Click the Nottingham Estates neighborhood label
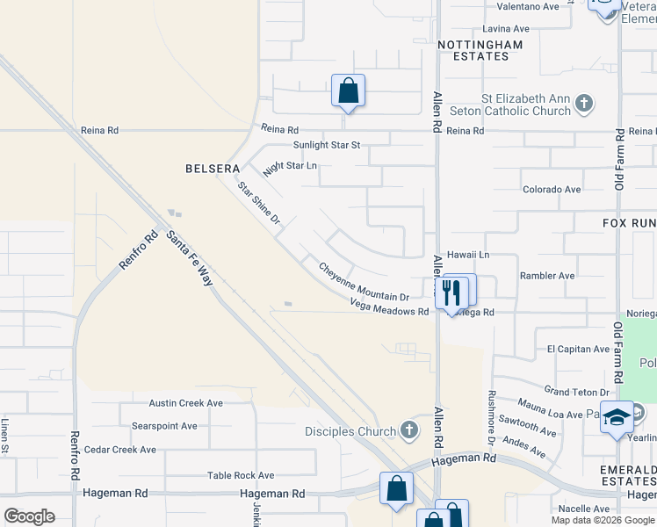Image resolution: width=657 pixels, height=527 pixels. (x=479, y=50)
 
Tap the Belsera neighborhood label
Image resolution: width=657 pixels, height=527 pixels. (x=209, y=167)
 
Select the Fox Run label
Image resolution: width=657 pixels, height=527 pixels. (x=629, y=223)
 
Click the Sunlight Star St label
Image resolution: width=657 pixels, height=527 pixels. (x=327, y=145)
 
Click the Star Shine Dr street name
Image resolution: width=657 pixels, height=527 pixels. (x=257, y=203)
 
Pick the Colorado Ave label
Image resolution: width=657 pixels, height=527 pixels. (x=552, y=189)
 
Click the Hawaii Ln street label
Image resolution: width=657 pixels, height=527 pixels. (x=467, y=254)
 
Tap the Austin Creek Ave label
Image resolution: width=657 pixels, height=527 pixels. (x=185, y=403)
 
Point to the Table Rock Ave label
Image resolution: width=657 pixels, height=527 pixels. (x=241, y=475)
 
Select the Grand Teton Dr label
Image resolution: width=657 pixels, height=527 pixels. (x=576, y=392)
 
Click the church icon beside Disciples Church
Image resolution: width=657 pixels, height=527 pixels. (x=408, y=430)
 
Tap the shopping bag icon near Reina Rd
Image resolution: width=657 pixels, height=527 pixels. (x=348, y=90)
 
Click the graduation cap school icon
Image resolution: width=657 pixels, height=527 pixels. (x=617, y=416)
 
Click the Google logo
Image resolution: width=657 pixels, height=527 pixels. (x=29, y=516)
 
